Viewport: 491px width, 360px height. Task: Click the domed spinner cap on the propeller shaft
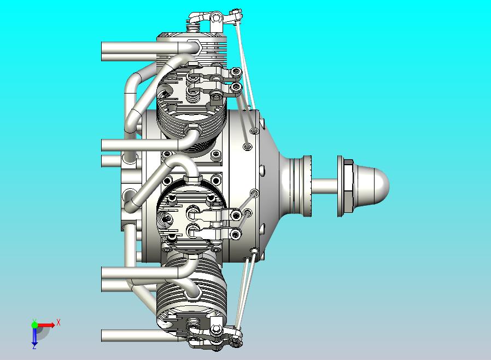pos(373,186)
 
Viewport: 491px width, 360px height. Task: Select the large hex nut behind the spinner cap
pos(348,186)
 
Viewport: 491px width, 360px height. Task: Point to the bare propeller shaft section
pos(324,186)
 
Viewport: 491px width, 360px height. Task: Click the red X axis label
pos(59,322)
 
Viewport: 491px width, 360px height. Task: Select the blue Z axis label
pos(34,346)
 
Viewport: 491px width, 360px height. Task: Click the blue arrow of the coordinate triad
pos(34,335)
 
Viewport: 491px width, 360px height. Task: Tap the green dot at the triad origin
pos(34,324)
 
